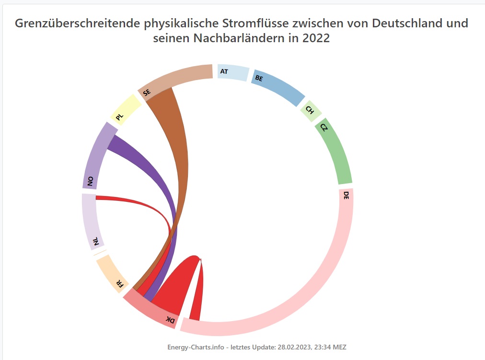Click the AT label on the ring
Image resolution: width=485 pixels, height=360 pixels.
tap(223, 71)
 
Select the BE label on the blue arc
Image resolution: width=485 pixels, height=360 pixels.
tap(259, 78)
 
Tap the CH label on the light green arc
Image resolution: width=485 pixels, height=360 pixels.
tap(310, 110)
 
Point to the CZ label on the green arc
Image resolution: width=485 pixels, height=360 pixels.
tap(324, 128)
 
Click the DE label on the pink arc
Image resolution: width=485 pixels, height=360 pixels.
tap(346, 195)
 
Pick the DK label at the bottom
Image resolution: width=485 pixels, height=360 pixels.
tap(170, 319)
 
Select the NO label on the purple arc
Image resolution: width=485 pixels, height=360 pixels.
tap(90, 181)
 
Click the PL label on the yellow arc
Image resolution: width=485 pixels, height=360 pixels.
tap(119, 116)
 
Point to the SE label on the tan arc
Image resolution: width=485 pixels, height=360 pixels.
tap(146, 93)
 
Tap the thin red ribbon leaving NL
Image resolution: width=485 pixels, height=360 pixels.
tap(144, 202)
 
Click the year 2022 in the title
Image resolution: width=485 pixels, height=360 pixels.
tap(316, 38)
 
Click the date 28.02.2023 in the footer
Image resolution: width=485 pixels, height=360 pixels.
tap(295, 347)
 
